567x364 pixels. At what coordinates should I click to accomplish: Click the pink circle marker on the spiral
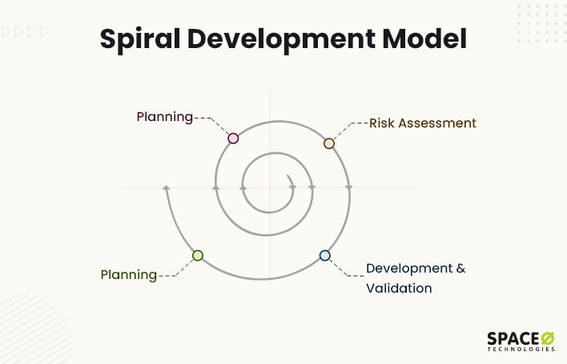233,138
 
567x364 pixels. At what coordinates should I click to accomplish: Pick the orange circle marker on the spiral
328,143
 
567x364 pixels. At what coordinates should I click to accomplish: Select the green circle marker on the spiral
198,256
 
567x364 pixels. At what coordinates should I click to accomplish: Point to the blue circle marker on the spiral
324,256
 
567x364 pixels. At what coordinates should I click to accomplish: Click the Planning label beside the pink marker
164,117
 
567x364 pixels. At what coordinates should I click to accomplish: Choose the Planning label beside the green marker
128,274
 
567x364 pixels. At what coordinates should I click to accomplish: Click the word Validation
399,288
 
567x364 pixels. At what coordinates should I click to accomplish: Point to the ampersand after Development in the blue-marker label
460,269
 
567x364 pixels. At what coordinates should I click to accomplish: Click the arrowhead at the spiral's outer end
167,188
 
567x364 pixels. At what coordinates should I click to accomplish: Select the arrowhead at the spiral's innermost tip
293,187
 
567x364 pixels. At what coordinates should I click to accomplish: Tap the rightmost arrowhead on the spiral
349,187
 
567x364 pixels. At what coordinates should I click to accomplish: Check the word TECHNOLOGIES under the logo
521,350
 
